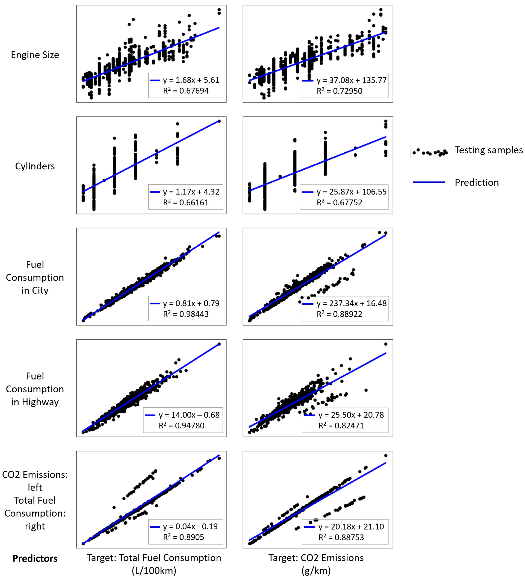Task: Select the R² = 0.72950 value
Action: pyautogui.click(x=339, y=91)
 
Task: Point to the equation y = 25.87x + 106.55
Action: pyautogui.click(x=351, y=192)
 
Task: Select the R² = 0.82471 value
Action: pyautogui.click(x=341, y=426)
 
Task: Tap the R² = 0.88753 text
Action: pyautogui.click(x=341, y=537)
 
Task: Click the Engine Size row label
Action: pyautogui.click(x=35, y=55)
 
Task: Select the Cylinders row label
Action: pyautogui.click(x=35, y=166)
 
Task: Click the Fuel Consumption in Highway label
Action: pyautogui.click(x=35, y=389)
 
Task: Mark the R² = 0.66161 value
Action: pyautogui.click(x=186, y=202)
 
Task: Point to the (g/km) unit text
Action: pyautogui.click(x=316, y=571)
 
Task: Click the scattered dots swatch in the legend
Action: pyautogui.click(x=430, y=152)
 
